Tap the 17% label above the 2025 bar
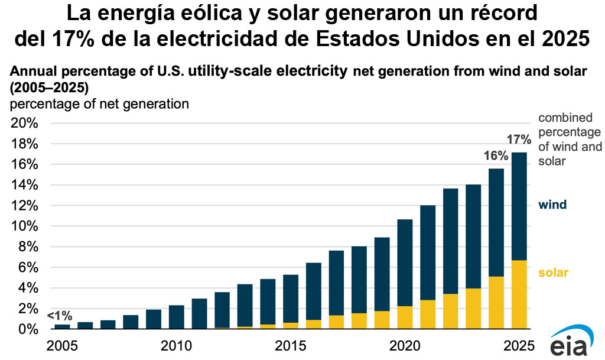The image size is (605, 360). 519,140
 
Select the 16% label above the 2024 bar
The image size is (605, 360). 496,156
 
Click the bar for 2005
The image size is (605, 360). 62,326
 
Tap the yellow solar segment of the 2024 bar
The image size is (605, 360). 496,302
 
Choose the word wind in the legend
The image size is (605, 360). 552,205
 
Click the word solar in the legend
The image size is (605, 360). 553,273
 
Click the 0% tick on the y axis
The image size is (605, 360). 28,329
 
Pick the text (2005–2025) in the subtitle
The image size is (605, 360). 49,88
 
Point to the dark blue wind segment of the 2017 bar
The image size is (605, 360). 336,283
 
